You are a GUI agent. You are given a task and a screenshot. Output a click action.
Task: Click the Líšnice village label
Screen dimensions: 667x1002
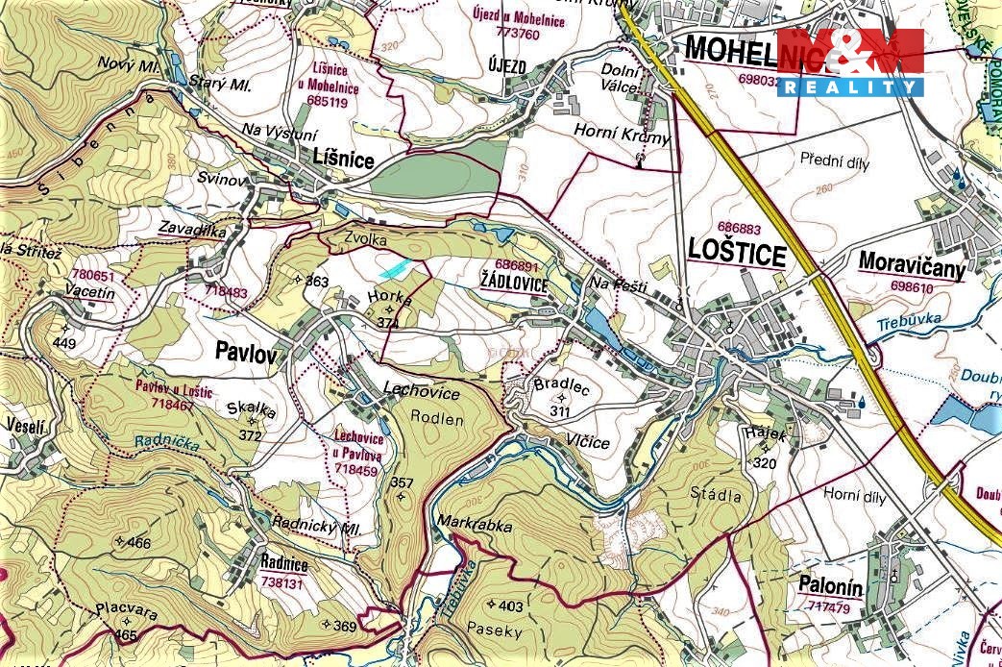(x=342, y=161)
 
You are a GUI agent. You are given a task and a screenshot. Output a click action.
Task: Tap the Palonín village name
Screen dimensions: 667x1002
(x=829, y=585)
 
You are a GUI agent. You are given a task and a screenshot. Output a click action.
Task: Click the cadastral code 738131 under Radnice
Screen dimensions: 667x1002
(x=282, y=582)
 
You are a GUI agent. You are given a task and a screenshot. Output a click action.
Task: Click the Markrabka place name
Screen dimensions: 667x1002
(x=474, y=526)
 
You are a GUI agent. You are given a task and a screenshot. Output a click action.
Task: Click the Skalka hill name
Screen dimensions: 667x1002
(x=251, y=409)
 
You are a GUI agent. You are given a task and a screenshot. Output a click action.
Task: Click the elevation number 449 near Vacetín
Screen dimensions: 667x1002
(x=64, y=343)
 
